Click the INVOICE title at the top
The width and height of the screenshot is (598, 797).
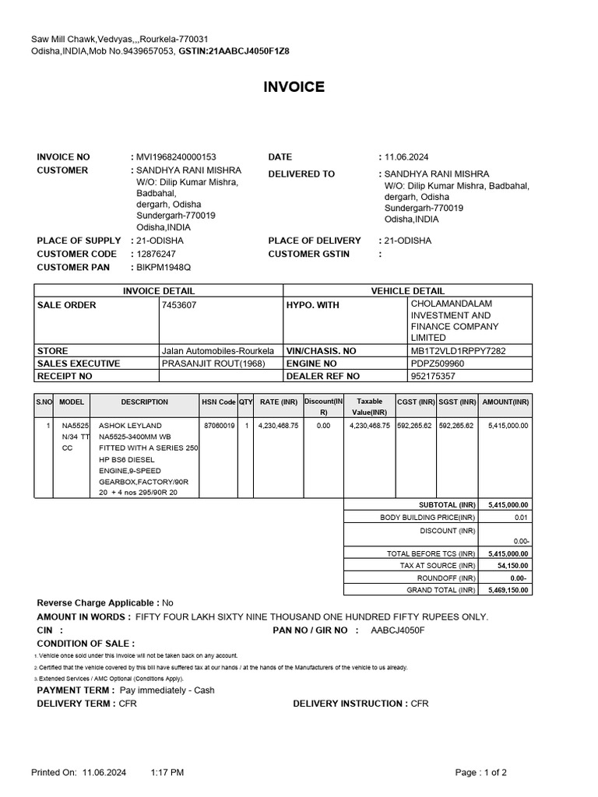[294, 87]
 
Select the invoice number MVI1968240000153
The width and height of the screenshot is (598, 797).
[176, 157]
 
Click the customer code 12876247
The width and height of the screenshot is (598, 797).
[156, 254]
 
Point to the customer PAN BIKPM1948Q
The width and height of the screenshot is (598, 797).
[164, 267]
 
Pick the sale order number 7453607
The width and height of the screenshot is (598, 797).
[179, 305]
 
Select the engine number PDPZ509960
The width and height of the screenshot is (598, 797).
[437, 363]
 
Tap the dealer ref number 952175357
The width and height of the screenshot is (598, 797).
[433, 376]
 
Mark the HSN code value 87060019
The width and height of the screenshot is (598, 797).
[218, 426]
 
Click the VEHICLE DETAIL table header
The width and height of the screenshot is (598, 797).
[408, 291]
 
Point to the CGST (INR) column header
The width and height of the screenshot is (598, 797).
[415, 402]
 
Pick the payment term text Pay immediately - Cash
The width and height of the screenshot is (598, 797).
[167, 690]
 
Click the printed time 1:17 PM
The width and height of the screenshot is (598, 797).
[167, 772]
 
